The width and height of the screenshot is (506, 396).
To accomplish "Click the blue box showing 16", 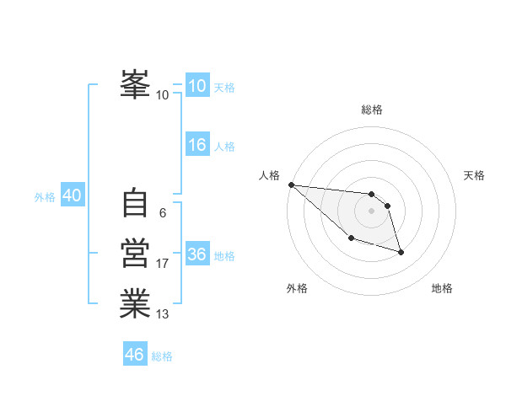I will pyautogui.click(x=197, y=145).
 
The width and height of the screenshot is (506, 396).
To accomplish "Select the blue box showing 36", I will pyautogui.click(x=197, y=254).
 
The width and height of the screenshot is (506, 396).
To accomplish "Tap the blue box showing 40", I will pyautogui.click(x=72, y=195).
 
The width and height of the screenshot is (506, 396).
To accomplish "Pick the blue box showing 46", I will pyautogui.click(x=135, y=355).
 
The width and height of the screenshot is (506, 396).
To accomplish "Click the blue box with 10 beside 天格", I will pyautogui.click(x=197, y=86).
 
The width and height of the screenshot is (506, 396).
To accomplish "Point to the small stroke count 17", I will pyautogui.click(x=163, y=264).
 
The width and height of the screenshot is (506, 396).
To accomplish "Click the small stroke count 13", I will pyautogui.click(x=163, y=314).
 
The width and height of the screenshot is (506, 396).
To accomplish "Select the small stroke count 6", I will pyautogui.click(x=163, y=214).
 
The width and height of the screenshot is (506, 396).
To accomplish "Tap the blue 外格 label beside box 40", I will pyautogui.click(x=45, y=197).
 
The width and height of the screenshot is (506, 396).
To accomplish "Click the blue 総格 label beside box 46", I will pyautogui.click(x=162, y=356).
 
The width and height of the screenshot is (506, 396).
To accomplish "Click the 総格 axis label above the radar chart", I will pyautogui.click(x=372, y=110).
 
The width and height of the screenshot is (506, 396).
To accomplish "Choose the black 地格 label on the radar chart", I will pyautogui.click(x=442, y=288).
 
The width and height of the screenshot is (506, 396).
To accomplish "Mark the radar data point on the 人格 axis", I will pyautogui.click(x=291, y=185).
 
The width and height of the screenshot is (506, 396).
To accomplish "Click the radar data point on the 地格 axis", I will pyautogui.click(x=401, y=252).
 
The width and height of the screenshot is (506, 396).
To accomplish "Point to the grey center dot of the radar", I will pyautogui.click(x=371, y=211).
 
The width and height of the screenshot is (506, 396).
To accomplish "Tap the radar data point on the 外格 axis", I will pyautogui.click(x=351, y=238).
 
